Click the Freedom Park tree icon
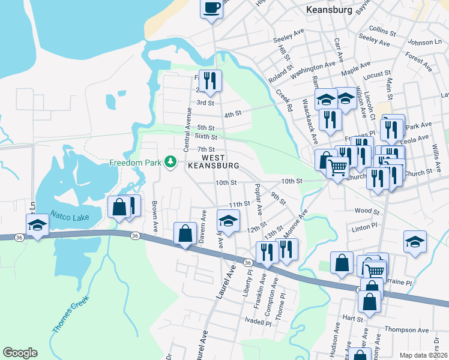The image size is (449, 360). [x=171, y=162]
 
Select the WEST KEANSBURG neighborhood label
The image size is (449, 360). [x=214, y=160]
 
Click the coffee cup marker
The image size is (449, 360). [x=211, y=8]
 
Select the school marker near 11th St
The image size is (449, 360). [x=229, y=221]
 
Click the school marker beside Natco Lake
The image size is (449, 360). [x=38, y=226]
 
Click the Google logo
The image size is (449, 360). [x=20, y=353]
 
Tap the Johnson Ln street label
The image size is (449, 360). [x=424, y=43]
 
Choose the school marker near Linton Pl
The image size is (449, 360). [x=415, y=242]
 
